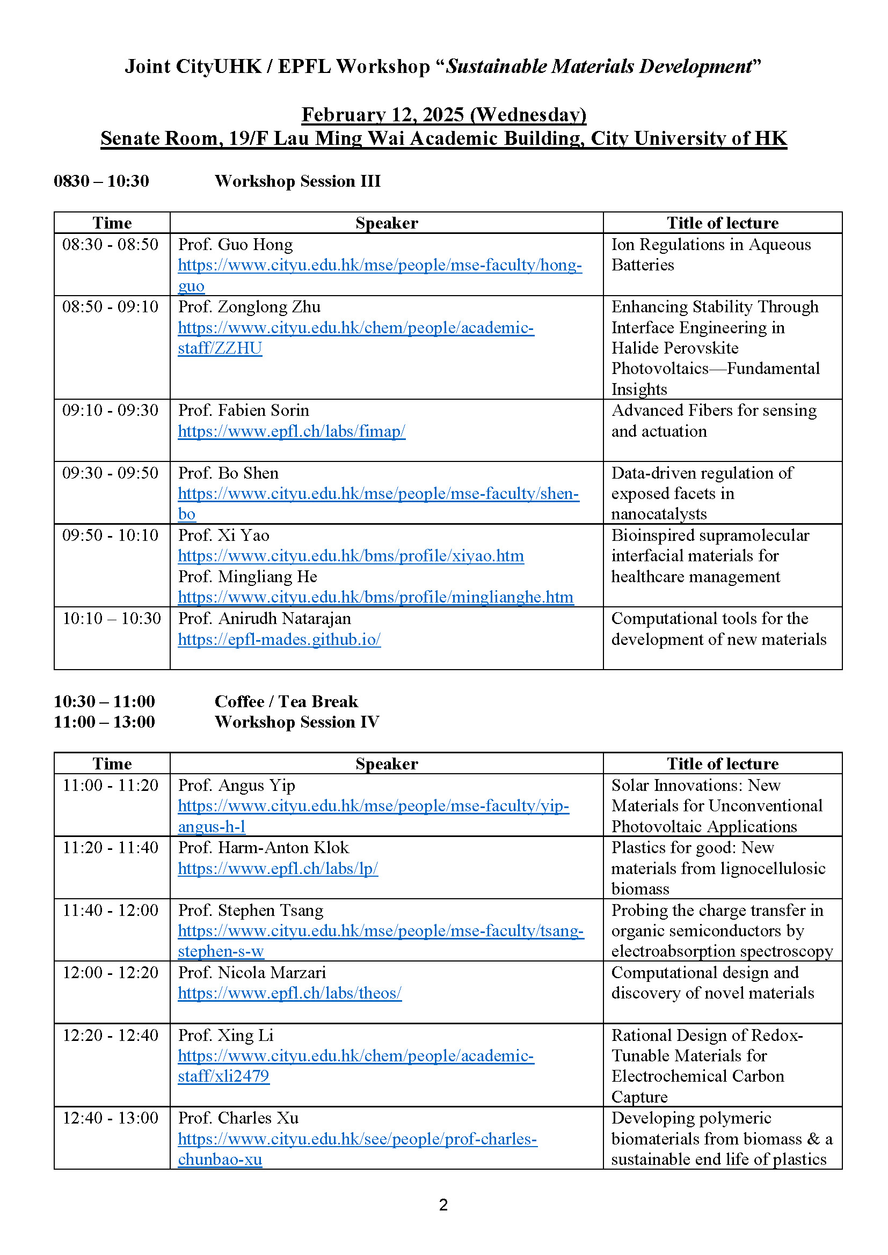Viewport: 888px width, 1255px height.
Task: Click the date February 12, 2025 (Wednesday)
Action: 443,115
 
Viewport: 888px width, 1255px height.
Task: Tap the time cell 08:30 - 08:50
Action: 111,244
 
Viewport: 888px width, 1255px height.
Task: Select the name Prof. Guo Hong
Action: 235,244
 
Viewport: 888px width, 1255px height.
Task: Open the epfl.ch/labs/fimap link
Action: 292,431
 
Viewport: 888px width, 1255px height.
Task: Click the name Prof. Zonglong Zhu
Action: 249,307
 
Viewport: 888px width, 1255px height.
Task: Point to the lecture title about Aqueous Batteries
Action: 711,255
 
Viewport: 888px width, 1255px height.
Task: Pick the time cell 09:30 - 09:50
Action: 111,473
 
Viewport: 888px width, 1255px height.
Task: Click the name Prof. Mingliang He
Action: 247,577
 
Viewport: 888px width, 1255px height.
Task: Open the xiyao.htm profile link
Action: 351,556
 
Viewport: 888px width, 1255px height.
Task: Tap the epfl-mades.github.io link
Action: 279,640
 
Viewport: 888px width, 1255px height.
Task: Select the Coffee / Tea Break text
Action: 286,701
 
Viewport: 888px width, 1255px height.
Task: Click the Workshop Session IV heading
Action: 296,722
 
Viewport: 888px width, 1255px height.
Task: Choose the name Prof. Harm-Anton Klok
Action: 263,848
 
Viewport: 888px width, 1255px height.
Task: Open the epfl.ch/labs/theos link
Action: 289,993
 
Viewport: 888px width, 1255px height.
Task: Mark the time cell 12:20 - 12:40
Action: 111,1035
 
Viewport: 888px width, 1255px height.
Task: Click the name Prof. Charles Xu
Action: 238,1118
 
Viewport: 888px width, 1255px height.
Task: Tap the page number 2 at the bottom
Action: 443,1205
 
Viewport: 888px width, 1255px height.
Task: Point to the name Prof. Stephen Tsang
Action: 250,910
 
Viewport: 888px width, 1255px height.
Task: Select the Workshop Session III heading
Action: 297,181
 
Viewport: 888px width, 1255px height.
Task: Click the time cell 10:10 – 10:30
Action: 112,618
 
